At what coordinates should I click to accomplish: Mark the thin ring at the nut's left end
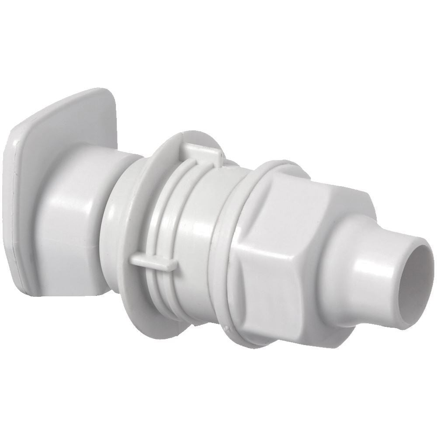(232, 262)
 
